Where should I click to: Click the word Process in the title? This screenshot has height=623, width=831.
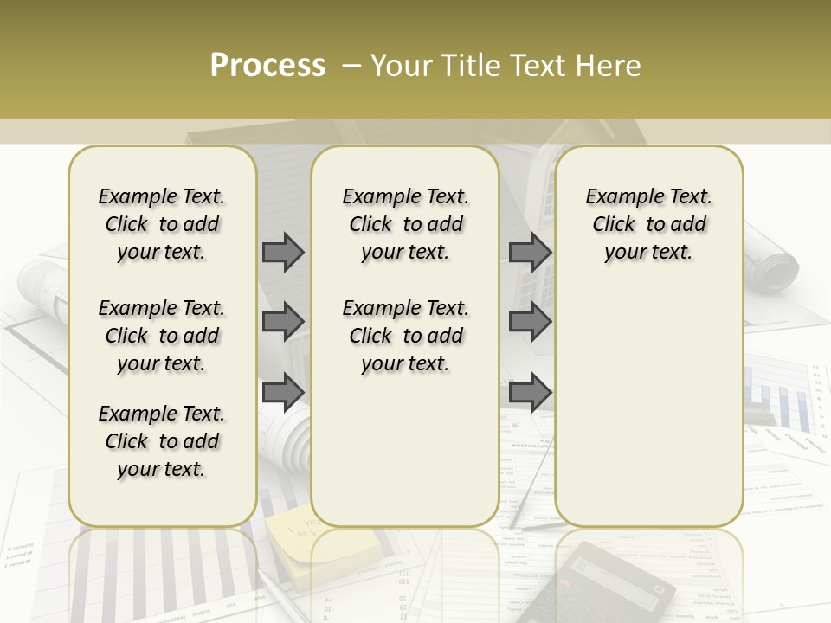click(267, 66)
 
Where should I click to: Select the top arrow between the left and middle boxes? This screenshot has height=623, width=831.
click(283, 253)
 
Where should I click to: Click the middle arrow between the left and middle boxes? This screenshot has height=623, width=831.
click(283, 322)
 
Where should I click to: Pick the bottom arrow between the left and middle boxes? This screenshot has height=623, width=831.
click(283, 392)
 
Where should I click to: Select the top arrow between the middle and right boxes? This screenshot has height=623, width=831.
click(530, 253)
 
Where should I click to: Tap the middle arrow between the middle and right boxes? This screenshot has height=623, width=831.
click(530, 322)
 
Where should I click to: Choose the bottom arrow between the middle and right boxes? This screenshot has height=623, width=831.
click(530, 392)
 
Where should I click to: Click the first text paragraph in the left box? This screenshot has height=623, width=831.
click(162, 224)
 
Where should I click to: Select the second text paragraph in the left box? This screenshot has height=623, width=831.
click(162, 336)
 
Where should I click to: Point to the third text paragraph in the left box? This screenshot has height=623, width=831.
click(162, 441)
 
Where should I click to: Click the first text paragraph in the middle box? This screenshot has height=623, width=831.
click(405, 224)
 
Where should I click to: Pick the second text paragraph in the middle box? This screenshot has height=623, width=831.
click(405, 336)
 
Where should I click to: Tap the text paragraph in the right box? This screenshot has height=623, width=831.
click(649, 224)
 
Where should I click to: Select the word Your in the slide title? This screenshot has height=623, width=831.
click(403, 66)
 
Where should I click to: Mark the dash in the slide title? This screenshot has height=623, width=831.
click(351, 66)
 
